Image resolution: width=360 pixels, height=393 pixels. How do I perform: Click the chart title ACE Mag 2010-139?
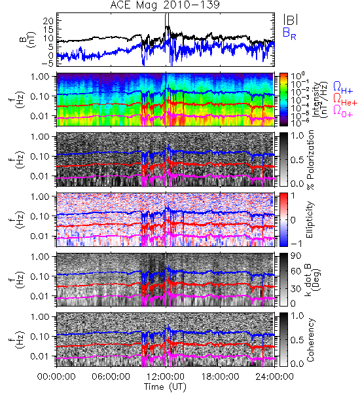point(165,5)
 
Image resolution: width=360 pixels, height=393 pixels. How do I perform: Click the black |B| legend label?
point(291,20)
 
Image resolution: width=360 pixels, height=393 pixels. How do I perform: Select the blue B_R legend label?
point(289,33)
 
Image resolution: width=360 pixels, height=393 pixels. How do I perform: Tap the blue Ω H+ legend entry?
point(343,88)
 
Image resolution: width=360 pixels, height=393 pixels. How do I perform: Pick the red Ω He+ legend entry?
point(345,100)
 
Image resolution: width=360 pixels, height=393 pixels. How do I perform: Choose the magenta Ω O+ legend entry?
point(343,111)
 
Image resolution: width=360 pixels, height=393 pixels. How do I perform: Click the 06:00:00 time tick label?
point(111,377)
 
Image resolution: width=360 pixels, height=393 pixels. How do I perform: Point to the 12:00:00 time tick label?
point(166,377)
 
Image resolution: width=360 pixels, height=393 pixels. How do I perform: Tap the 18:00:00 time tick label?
point(220,377)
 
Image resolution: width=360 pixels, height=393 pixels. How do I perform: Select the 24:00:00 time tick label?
point(274,377)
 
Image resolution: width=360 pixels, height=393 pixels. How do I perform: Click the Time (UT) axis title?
point(165,386)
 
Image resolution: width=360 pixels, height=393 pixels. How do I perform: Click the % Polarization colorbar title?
point(310,160)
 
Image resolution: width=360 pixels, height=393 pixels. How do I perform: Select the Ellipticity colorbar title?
point(310,220)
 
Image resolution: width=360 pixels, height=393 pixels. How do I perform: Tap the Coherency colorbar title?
point(310,340)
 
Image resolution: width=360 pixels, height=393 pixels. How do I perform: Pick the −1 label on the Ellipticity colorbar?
point(297,244)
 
